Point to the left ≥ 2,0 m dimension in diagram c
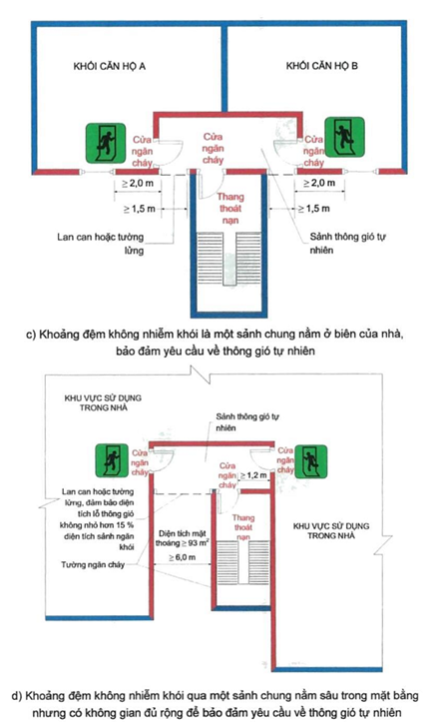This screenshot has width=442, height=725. click(x=137, y=185)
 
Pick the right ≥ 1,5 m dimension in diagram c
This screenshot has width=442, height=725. click(x=317, y=210)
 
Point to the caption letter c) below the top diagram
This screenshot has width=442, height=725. click(x=33, y=334)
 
